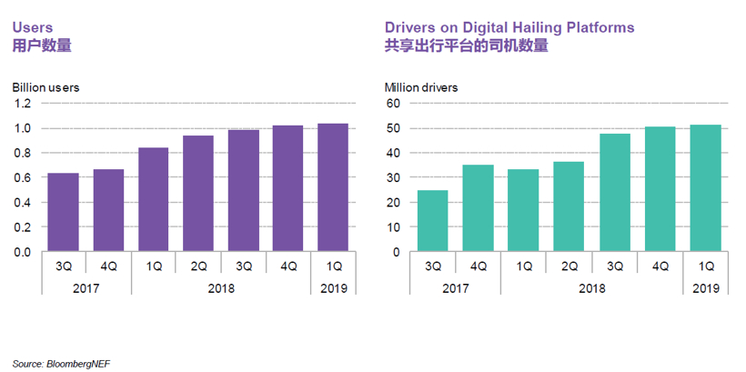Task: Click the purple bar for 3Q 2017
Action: [64, 212]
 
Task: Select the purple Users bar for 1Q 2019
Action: [333, 187]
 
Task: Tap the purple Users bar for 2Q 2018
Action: [198, 193]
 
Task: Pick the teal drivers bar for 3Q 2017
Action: [433, 220]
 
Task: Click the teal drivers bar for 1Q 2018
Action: [523, 210]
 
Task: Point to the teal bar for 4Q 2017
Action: [479, 207]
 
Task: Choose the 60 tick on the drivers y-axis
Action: [393, 104]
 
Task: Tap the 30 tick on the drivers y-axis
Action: [393, 177]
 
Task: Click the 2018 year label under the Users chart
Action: [221, 287]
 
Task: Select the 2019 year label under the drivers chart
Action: [705, 287]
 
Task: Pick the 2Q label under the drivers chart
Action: [569, 266]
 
